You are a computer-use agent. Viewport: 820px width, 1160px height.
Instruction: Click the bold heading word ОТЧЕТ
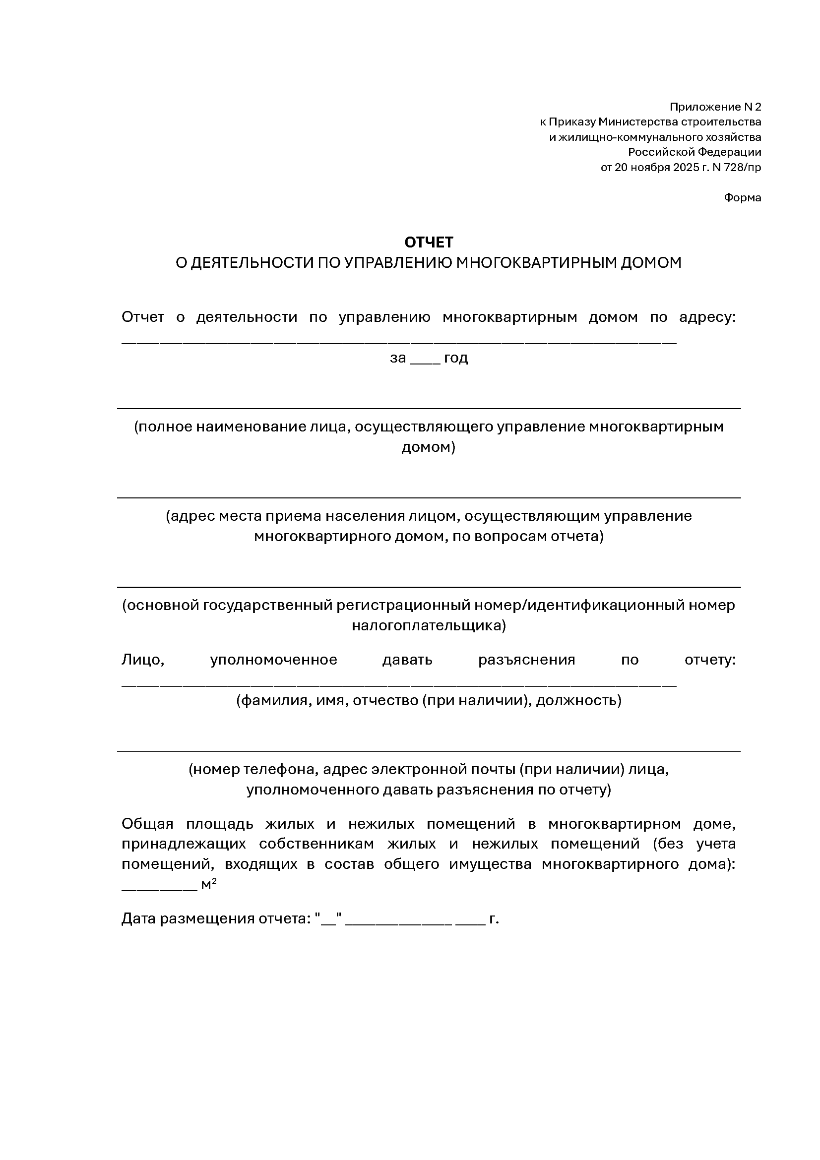pos(429,243)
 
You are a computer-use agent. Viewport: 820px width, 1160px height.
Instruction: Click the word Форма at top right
pos(742,197)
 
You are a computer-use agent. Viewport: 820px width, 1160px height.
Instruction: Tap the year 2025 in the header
pos(685,167)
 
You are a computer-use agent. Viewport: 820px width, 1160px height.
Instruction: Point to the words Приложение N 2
pos(715,107)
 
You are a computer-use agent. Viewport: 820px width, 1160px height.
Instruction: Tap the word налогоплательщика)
pos(429,625)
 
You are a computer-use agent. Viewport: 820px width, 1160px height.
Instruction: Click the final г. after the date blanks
pos(494,918)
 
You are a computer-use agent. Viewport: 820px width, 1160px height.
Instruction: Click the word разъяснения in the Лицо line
pos(526,660)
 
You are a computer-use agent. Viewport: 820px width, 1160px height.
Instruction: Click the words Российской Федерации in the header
pos(694,152)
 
